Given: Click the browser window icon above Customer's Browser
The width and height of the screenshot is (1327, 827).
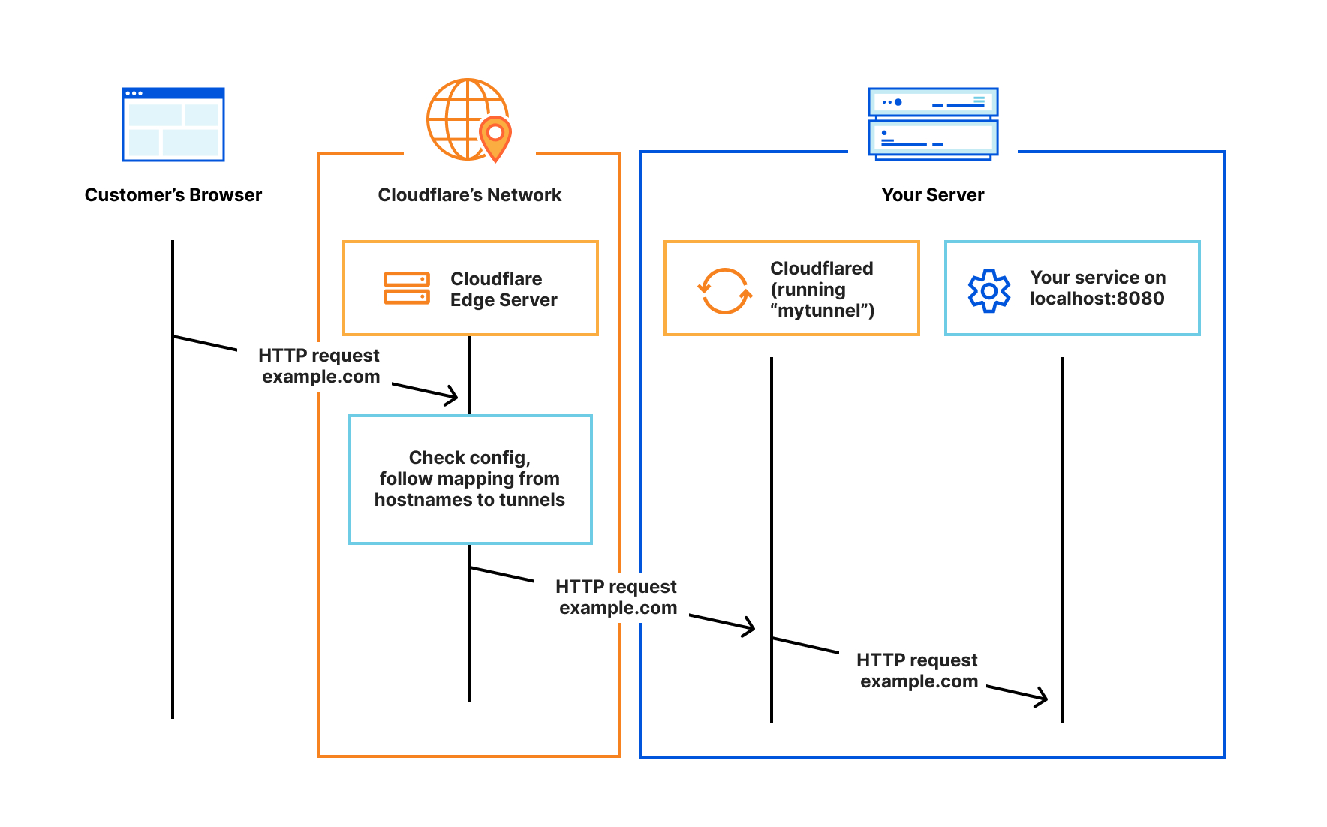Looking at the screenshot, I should pyautogui.click(x=173, y=125).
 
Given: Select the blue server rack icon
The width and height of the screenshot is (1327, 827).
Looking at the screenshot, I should pyautogui.click(x=933, y=123).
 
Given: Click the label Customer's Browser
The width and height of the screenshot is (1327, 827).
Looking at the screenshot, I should pyautogui.click(x=173, y=195).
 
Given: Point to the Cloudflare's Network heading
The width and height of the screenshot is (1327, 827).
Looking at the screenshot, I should pyautogui.click(x=469, y=195).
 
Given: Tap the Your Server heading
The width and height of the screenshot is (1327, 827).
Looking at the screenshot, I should pyautogui.click(x=932, y=195).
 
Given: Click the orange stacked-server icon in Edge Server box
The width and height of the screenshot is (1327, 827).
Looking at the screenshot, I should pyautogui.click(x=407, y=288).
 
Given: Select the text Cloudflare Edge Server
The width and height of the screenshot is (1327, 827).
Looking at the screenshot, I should pyautogui.click(x=503, y=289).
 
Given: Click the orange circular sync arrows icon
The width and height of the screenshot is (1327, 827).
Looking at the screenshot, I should pyautogui.click(x=725, y=291).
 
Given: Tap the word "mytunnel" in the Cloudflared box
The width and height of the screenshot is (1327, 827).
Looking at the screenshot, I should pyautogui.click(x=821, y=311).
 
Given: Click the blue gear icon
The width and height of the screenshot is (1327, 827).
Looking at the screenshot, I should pyautogui.click(x=989, y=290).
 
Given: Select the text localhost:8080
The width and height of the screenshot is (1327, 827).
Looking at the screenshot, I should pyautogui.click(x=1097, y=299).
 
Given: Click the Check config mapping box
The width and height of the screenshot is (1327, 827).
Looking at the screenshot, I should pyautogui.click(x=471, y=479).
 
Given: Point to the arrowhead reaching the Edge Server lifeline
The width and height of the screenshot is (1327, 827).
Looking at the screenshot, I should pyautogui.click(x=453, y=395).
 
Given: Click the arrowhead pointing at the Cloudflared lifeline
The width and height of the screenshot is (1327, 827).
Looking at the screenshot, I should pyautogui.click(x=749, y=627).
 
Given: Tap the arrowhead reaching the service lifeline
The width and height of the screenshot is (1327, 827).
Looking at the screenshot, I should pyautogui.click(x=1042, y=697).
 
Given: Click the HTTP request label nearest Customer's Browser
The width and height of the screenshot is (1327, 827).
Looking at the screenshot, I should pyautogui.click(x=320, y=365).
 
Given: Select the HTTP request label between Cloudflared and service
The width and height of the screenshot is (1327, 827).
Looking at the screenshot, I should pyautogui.click(x=917, y=670).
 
